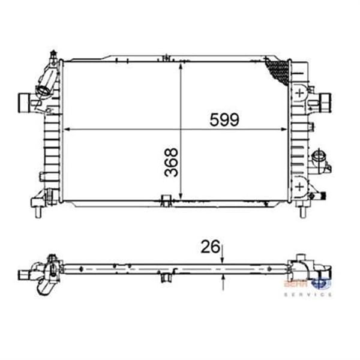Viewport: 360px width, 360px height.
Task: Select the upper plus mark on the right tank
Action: point(299,94)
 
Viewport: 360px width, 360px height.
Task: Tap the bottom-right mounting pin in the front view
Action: point(301,211)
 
